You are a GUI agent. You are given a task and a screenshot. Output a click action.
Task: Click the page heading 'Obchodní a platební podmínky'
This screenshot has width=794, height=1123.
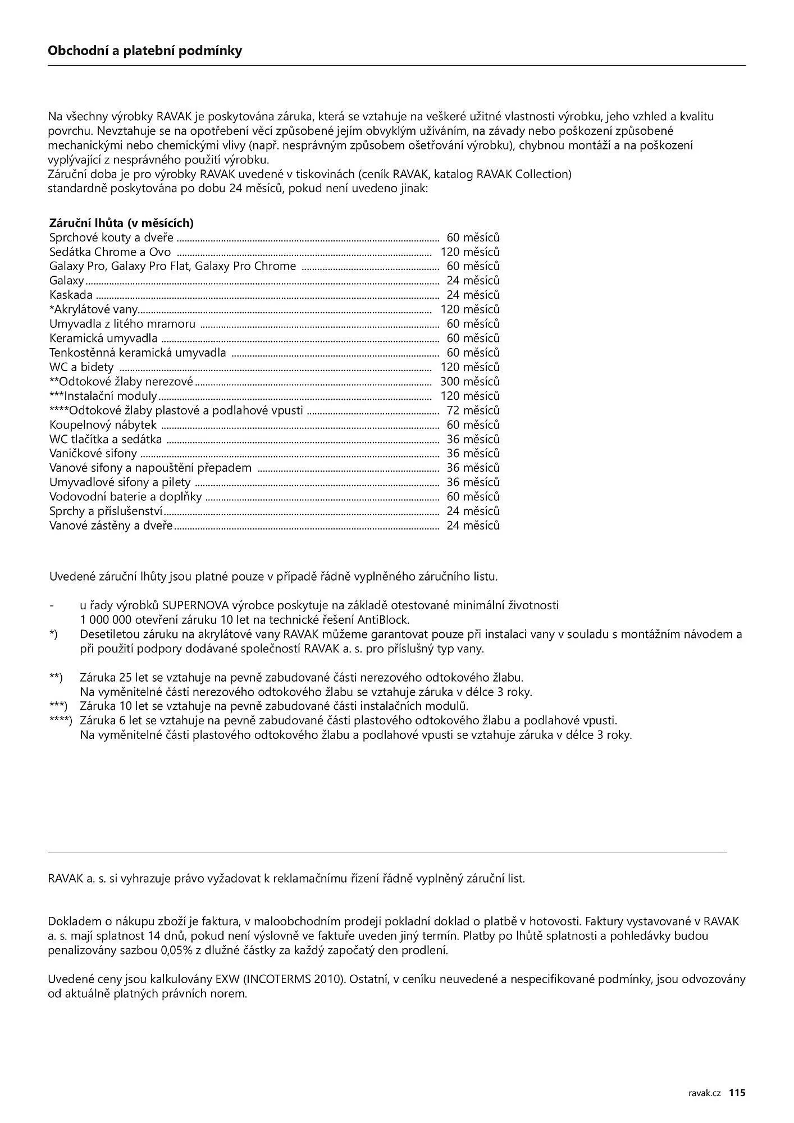pos(145,51)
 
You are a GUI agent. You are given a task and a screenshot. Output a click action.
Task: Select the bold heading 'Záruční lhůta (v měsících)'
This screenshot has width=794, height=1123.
pos(121,223)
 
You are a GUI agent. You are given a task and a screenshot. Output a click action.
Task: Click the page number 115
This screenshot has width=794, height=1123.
pos(737,1093)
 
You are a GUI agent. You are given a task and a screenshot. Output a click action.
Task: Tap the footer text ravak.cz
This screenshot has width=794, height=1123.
pos(704,1093)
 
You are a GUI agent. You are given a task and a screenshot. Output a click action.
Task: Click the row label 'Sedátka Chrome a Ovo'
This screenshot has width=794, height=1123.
pos(110,252)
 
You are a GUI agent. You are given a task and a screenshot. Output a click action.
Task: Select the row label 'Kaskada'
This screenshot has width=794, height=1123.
pos(71,295)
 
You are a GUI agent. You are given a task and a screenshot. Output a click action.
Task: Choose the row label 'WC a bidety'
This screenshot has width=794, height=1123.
pos(81,367)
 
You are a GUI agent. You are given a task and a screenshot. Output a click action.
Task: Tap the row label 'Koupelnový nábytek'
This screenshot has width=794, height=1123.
pos(103,425)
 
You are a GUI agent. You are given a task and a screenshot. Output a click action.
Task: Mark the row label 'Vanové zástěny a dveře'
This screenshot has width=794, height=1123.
pos(111,526)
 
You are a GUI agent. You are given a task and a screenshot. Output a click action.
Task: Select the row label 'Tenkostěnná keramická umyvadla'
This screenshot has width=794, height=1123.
pos(138,353)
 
